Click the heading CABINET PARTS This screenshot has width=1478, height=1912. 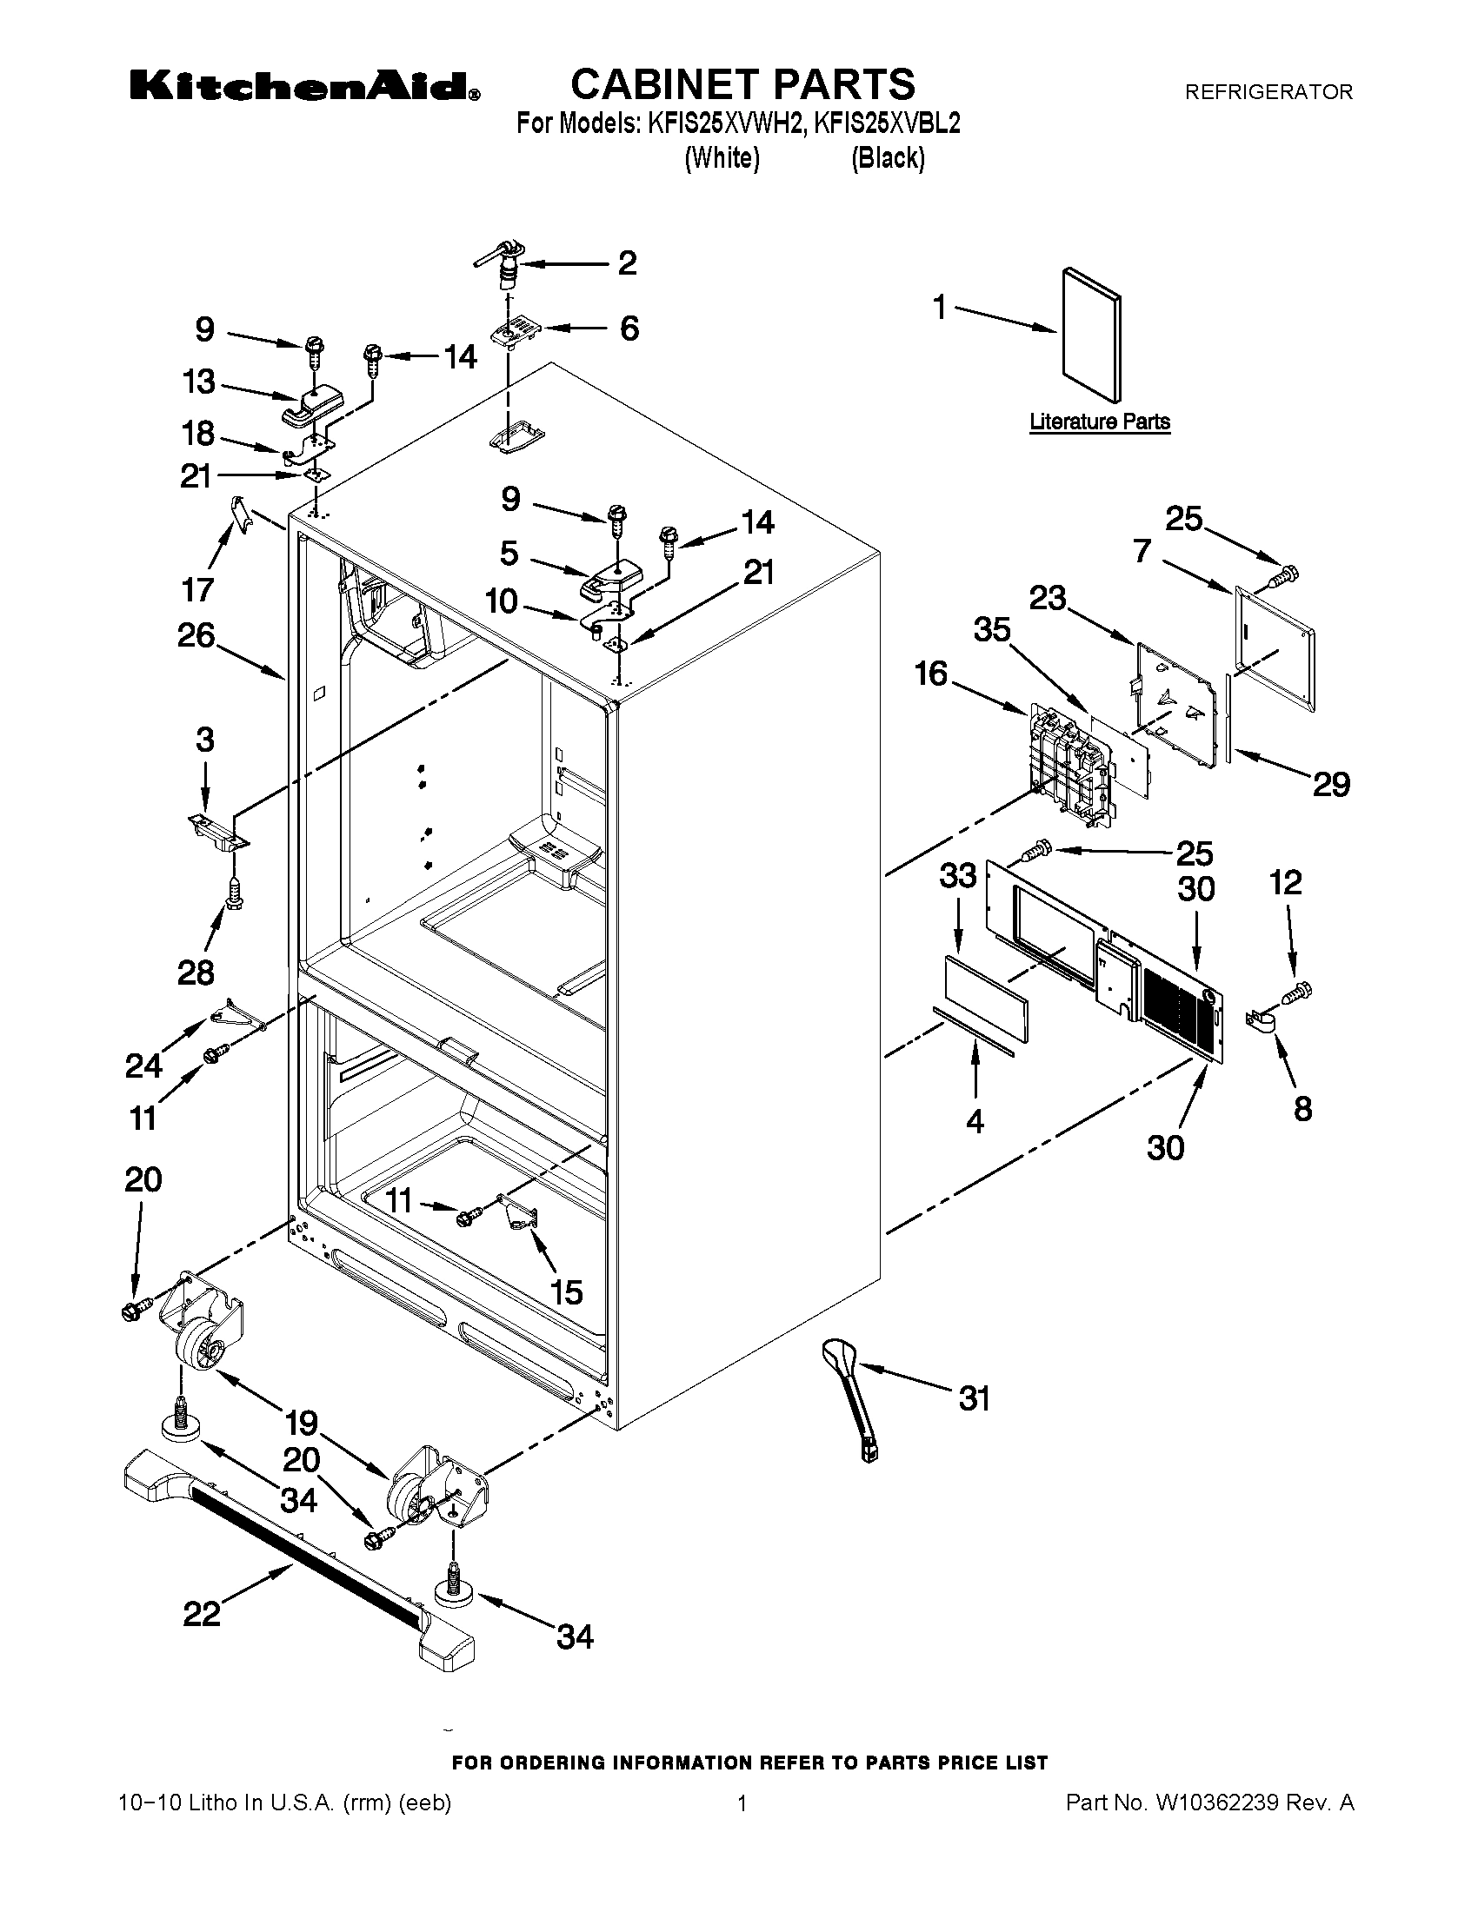[742, 84]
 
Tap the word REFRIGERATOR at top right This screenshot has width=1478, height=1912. [1268, 91]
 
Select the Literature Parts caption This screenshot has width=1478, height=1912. [1099, 422]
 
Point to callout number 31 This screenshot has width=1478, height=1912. [974, 1398]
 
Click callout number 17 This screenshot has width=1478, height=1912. [197, 589]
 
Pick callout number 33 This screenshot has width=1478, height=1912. [957, 874]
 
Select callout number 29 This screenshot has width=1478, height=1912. [1330, 784]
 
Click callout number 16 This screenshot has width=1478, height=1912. [931, 674]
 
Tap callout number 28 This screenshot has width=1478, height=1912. [196, 972]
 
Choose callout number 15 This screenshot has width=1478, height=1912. [567, 1291]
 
